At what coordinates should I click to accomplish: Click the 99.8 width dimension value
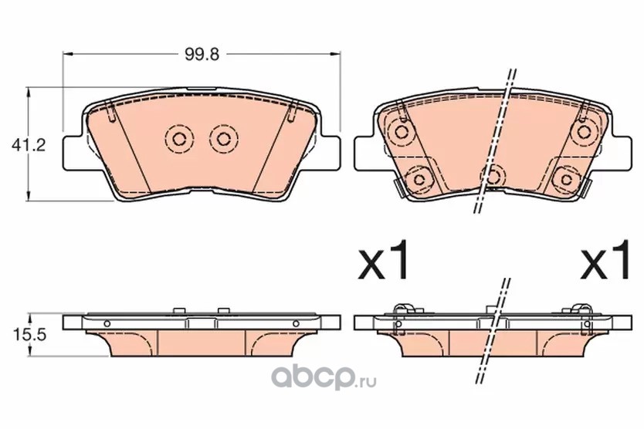coord(202,54)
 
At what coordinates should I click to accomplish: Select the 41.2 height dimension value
coord(29,145)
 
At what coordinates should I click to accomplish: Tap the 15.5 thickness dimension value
coord(29,335)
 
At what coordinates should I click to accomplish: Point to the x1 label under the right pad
coord(384,259)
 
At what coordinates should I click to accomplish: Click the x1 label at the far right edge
coord(605,259)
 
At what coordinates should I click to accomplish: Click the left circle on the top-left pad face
coord(179,139)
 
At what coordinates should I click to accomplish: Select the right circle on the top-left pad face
coord(223,139)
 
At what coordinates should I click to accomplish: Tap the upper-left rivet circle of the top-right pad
coord(401,132)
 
